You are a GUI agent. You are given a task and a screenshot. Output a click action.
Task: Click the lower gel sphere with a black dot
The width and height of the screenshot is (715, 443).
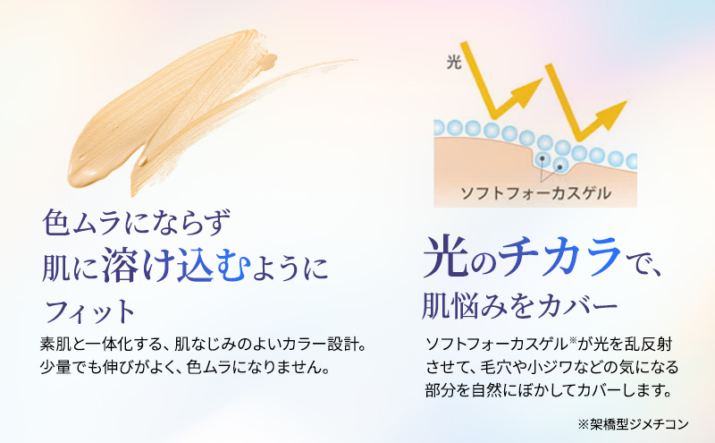560,166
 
